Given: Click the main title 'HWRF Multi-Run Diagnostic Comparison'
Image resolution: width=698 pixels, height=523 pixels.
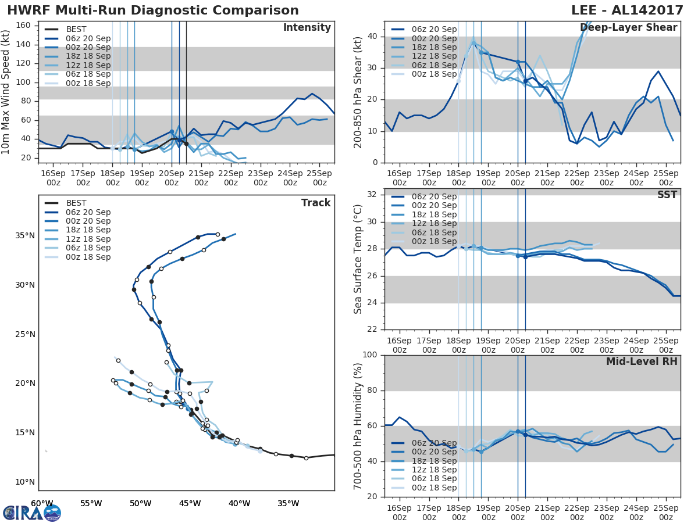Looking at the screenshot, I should (153, 11).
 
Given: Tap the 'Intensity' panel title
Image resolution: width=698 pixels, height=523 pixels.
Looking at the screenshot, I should (307, 28).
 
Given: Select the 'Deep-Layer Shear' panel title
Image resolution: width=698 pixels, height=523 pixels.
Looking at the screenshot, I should (628, 28).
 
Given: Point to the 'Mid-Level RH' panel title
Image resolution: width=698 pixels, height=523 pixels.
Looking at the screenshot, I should (642, 361).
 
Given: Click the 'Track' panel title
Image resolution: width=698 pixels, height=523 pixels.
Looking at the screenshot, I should (316, 203).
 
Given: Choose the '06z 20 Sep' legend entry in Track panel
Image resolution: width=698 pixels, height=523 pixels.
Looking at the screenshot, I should (88, 212).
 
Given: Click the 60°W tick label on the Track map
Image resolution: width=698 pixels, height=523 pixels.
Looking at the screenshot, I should (42, 503).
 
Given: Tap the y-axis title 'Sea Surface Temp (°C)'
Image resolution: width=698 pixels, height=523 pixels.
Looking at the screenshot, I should (359, 259).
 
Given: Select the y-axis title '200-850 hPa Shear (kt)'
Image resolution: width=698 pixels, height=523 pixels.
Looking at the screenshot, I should (359, 92).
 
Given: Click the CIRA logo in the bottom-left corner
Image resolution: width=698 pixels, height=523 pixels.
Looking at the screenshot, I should (32, 513).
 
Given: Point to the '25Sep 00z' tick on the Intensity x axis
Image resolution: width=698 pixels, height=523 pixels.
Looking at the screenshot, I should (319, 178).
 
